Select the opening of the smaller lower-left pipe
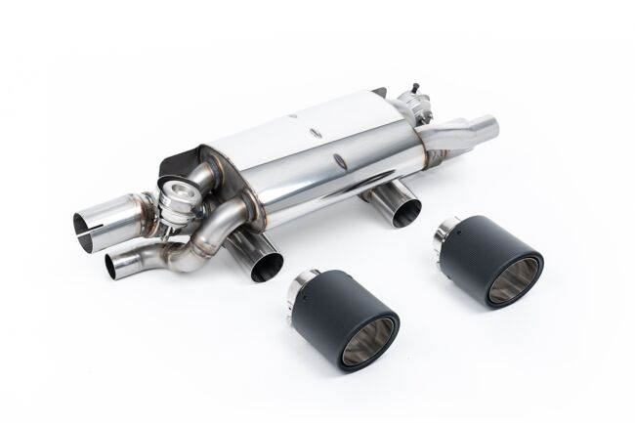[114, 264]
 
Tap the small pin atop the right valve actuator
[402, 91]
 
